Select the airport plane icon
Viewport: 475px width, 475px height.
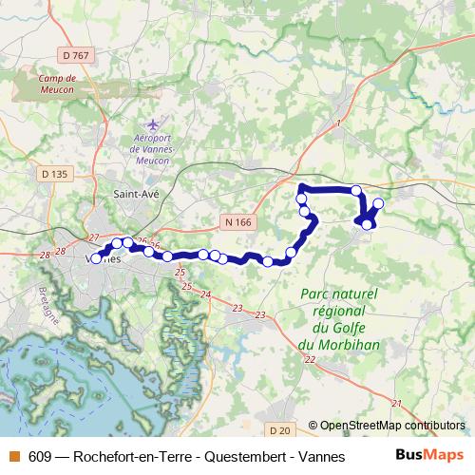151,123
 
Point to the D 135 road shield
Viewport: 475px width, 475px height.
56,174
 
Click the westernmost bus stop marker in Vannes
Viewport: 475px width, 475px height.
96,257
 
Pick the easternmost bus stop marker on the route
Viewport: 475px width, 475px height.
378,203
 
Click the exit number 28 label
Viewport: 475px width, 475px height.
45,256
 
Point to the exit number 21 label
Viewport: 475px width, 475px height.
396,404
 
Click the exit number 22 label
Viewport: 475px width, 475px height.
310,359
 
